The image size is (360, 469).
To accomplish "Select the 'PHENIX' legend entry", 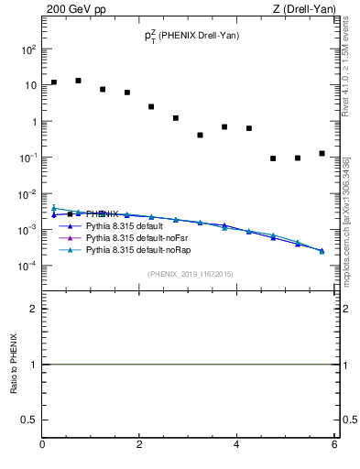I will click(102, 213).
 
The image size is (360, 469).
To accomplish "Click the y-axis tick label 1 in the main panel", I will click(33, 122).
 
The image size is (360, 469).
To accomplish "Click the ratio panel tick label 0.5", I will click(28, 420).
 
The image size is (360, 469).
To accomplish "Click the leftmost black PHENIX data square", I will click(54, 82).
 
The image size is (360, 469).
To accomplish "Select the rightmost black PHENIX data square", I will click(322, 153).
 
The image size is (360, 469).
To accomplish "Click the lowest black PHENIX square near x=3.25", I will click(200, 135).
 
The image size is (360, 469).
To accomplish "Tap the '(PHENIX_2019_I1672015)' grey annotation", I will click(191, 274).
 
